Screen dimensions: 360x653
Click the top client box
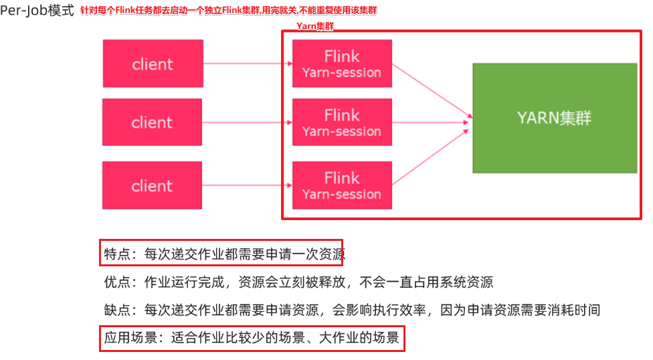pos(153,64)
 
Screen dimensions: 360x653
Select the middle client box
pos(152,122)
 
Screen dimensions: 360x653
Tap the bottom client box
pos(152,185)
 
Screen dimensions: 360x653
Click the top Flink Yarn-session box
pos(342,64)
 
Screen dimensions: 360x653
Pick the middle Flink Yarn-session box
pos(342,122)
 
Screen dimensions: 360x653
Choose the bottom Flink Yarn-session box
pos(342,185)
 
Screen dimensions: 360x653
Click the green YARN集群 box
pos(555,118)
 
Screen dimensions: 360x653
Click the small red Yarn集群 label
pos(315,26)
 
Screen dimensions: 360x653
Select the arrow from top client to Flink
pos(248,64)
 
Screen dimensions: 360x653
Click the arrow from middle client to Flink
pos(248,122)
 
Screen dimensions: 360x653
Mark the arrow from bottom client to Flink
pos(248,185)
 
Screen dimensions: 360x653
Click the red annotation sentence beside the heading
pos(228,12)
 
